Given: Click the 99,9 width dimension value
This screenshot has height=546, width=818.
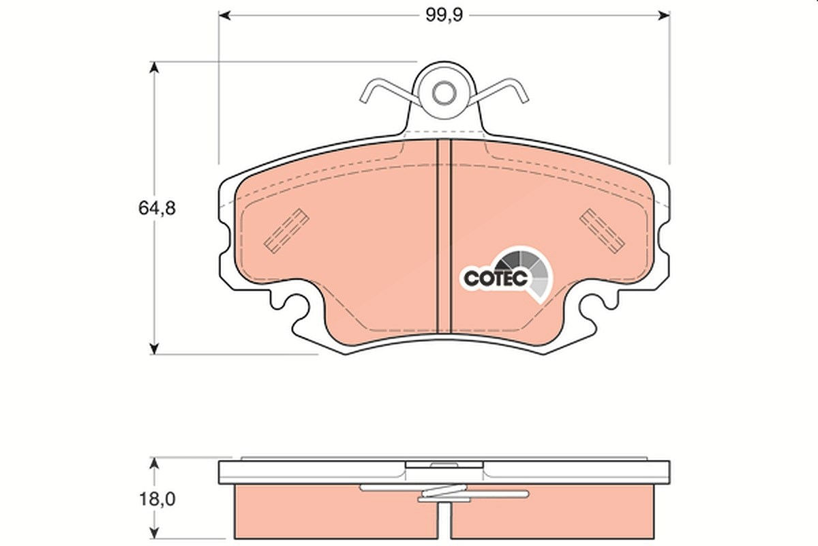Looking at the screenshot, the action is (x=444, y=16).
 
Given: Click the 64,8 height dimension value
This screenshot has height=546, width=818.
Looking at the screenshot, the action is (x=157, y=208).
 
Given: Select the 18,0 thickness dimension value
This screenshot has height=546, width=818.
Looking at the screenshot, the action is (x=157, y=499).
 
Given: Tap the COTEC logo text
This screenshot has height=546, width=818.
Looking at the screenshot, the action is (x=496, y=278).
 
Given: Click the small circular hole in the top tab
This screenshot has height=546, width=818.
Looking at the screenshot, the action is (x=444, y=94).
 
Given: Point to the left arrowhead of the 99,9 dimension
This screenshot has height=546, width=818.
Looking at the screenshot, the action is (x=224, y=16).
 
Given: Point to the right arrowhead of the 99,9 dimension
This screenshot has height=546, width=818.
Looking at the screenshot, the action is (x=664, y=16).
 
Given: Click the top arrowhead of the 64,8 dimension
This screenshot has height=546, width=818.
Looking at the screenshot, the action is (x=155, y=68).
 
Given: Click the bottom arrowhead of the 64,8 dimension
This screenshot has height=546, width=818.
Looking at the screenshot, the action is (x=155, y=348).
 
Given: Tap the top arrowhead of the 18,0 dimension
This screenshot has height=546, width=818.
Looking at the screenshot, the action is (x=155, y=463).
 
